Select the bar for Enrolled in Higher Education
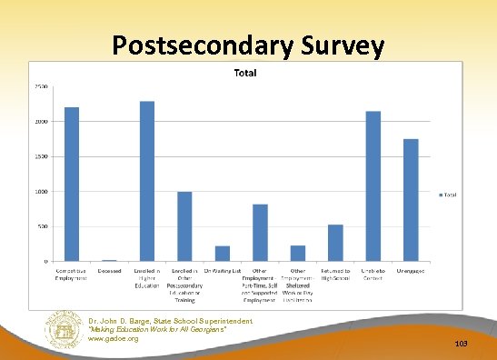click(147, 181)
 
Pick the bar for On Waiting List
click(223, 254)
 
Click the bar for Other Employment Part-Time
click(260, 233)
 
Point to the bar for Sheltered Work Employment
click(298, 254)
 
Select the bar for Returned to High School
click(335, 243)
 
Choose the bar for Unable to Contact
click(373, 186)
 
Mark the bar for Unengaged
click(411, 200)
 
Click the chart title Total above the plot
click(245, 72)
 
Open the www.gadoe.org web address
click(114, 338)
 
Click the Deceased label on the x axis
click(109, 271)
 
